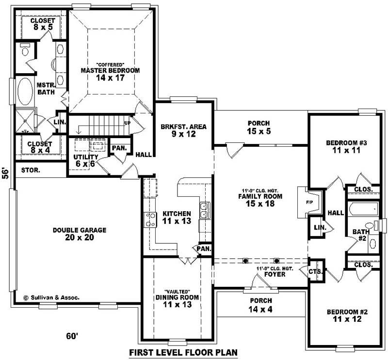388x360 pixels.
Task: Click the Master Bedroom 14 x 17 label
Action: point(110,74)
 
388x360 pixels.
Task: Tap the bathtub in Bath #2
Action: point(362,209)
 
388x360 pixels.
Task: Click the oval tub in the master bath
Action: point(25,92)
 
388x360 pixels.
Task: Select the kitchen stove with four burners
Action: point(149,219)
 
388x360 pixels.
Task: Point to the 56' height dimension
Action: point(5,173)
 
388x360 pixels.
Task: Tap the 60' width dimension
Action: point(72,336)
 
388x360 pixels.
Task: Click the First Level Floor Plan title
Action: point(183,352)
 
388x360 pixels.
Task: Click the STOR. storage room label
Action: point(30,171)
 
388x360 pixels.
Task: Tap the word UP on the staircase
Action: point(127,123)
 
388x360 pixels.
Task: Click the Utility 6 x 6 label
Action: point(86,160)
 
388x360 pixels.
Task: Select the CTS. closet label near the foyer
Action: point(315,272)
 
